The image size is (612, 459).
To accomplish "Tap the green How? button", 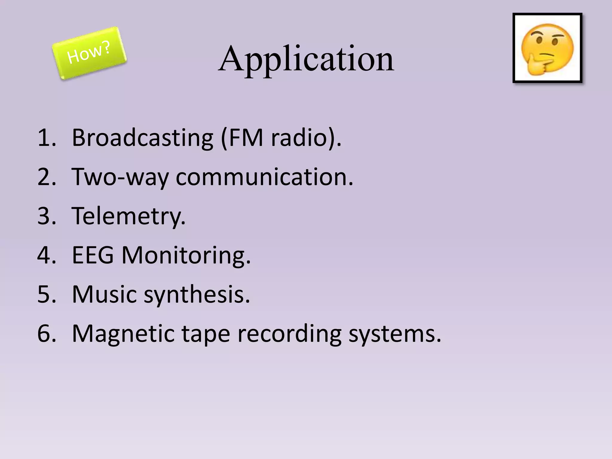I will [x=89, y=53].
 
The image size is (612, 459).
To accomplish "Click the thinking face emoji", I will [x=547, y=48].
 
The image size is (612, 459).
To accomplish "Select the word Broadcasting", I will [x=143, y=138].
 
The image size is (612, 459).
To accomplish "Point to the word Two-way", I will [x=120, y=177].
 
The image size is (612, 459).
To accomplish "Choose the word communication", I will [x=264, y=177].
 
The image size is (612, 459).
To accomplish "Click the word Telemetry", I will [x=128, y=216].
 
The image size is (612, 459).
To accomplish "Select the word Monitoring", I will [x=186, y=256].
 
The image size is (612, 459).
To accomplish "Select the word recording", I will [x=289, y=334].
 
